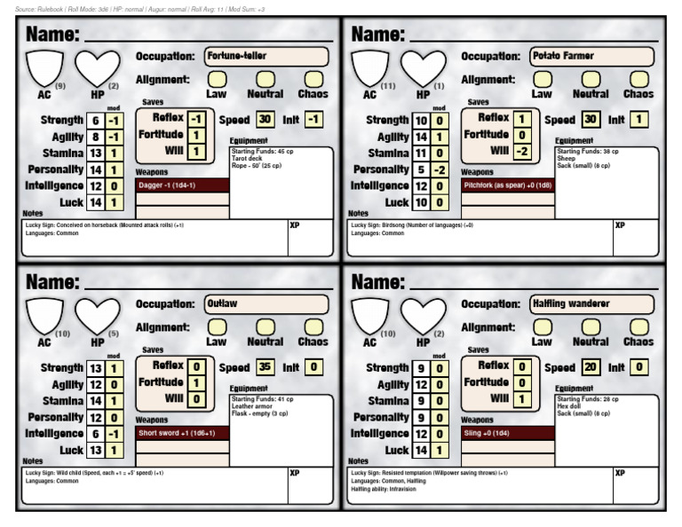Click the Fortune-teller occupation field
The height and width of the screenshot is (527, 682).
click(266, 57)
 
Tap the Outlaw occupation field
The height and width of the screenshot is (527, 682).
click(266, 304)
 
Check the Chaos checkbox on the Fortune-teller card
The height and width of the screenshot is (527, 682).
click(313, 79)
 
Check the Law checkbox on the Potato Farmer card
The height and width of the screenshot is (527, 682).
click(543, 79)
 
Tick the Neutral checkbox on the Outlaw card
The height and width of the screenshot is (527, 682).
click(265, 326)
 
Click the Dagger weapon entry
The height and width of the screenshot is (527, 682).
click(182, 185)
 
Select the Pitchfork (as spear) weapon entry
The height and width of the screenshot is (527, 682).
click(508, 185)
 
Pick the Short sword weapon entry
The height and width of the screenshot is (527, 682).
click(182, 433)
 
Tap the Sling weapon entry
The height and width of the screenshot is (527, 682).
click(508, 433)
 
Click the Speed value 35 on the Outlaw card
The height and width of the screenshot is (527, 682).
click(265, 366)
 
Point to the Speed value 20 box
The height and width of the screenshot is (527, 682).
click(591, 366)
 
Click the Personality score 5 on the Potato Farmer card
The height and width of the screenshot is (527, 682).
click(421, 169)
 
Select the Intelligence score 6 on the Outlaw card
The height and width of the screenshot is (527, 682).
click(95, 434)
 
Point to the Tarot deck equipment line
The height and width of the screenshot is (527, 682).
click(247, 159)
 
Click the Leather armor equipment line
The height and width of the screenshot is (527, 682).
click(250, 406)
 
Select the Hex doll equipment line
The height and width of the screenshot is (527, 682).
click(570, 406)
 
